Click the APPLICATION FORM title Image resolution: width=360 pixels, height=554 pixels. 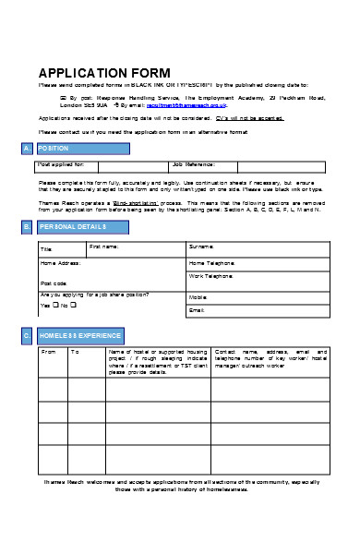click(103, 73)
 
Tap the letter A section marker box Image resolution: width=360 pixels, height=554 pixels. click(26, 148)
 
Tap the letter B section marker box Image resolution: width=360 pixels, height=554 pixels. click(26, 225)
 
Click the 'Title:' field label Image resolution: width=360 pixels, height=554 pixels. click(46, 249)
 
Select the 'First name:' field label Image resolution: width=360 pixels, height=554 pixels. click(104, 247)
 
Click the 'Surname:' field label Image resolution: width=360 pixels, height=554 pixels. click(201, 247)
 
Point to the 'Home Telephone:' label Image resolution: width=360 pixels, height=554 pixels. click(211, 263)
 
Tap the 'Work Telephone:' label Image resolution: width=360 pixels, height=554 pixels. click(211, 276)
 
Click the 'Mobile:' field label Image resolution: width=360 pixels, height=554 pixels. click(198, 297)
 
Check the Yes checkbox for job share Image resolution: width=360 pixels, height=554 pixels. click(55, 305)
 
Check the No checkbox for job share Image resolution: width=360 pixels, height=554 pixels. click(73, 305)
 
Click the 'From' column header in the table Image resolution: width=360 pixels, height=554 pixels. click(49, 352)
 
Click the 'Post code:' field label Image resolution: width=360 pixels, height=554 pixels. click(53, 283)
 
